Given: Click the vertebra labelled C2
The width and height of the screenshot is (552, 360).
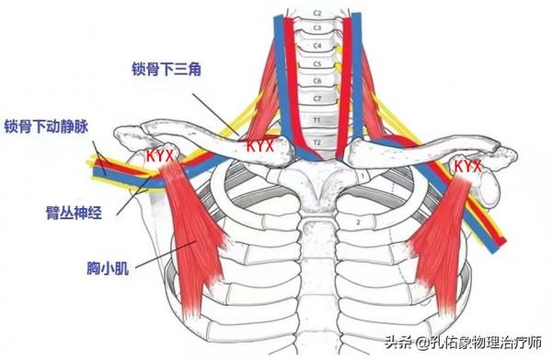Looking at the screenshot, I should [x=317, y=14].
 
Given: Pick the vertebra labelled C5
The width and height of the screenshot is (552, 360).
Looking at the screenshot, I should [x=317, y=64].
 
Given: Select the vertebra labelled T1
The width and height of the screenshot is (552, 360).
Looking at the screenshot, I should [x=317, y=120].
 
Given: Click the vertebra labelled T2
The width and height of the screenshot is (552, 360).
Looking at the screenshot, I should [x=317, y=143].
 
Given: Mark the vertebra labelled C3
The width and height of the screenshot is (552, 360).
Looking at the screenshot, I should [x=317, y=29].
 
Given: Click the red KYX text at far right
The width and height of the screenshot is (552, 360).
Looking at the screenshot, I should [x=467, y=166].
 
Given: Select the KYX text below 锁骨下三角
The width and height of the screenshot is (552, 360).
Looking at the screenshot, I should [x=260, y=145].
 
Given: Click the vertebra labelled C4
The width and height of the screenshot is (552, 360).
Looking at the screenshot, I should [x=317, y=45].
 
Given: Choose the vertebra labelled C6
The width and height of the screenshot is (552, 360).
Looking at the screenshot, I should [x=317, y=80].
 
